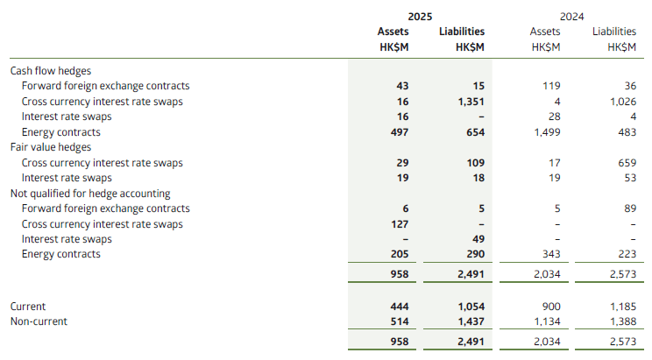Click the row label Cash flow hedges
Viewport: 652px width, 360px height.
tap(50, 71)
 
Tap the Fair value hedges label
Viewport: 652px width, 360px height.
tap(50, 147)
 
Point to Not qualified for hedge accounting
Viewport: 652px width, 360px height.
tap(89, 194)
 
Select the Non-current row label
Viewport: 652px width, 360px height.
tap(38, 322)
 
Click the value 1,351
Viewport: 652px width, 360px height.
tap(470, 102)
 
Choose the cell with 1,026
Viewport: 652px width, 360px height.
tap(622, 102)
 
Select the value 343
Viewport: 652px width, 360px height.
tap(550, 254)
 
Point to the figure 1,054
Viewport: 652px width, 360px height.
tap(470, 307)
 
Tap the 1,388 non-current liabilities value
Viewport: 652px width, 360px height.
tap(622, 322)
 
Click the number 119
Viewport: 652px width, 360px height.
tap(550, 86)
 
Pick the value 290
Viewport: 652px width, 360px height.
tap(475, 254)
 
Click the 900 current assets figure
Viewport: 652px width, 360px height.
tap(550, 307)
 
